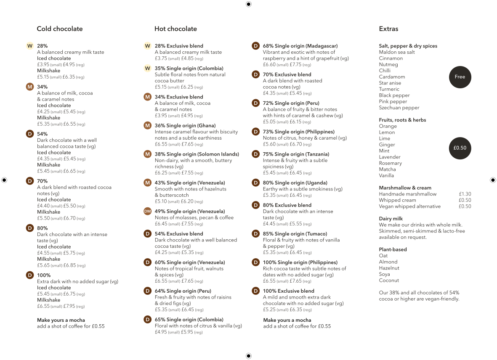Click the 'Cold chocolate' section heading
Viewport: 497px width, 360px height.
[60, 29]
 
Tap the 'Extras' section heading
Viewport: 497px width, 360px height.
[388, 29]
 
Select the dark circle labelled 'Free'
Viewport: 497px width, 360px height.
[460, 77]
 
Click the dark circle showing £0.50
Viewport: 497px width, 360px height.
[460, 148]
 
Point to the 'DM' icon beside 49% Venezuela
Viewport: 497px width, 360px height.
[147, 211]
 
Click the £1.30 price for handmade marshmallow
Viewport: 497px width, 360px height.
[465, 194]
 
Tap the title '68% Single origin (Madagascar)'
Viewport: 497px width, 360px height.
[300, 46]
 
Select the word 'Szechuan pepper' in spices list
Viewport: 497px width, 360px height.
[399, 108]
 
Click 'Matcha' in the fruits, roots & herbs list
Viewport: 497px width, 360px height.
[387, 169]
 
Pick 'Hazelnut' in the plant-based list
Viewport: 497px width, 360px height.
[389, 268]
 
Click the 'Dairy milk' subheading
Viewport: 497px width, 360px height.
[391, 219]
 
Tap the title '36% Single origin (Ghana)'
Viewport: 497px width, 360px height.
[185, 125]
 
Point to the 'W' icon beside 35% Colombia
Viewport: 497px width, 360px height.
[147, 68]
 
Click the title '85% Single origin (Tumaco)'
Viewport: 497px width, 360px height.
[295, 234]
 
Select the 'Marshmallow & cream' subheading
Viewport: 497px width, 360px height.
[405, 188]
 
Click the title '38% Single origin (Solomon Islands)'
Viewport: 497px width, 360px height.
[197, 154]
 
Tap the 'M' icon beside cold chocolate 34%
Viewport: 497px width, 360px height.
[29, 87]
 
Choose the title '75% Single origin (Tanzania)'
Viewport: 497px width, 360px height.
[296, 154]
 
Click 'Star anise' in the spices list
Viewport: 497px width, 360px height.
[390, 83]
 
